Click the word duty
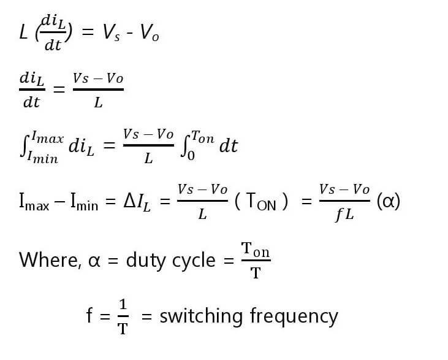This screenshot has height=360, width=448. [x=146, y=261]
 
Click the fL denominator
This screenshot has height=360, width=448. [x=344, y=215]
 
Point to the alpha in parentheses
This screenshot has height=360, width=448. [x=389, y=201]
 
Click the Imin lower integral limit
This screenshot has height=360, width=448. [x=44, y=159]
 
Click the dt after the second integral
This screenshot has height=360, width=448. [x=229, y=147]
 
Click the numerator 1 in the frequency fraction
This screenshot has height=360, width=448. [x=123, y=305]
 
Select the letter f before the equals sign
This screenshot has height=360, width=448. [x=90, y=316]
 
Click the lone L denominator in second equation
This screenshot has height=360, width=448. [x=98, y=103]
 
